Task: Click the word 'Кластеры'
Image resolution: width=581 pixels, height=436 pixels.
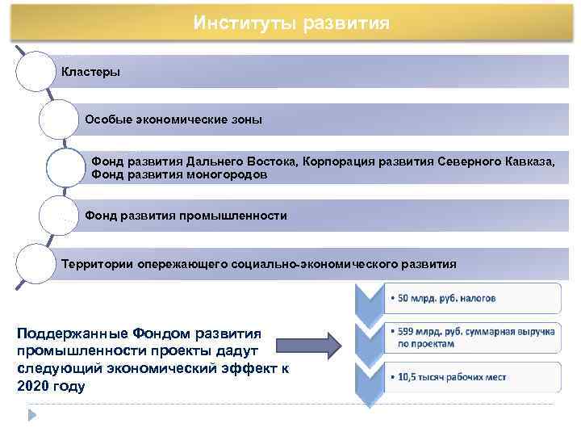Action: pyautogui.click(x=91, y=72)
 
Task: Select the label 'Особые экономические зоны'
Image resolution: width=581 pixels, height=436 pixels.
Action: pyautogui.click(x=173, y=119)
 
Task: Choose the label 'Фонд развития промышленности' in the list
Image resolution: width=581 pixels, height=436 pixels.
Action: pyautogui.click(x=186, y=216)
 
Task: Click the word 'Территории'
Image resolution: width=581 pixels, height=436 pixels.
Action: pyautogui.click(x=98, y=263)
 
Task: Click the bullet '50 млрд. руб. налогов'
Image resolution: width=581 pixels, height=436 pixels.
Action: pyautogui.click(x=444, y=298)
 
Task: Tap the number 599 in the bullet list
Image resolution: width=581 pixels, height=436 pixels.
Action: pyautogui.click(x=407, y=331)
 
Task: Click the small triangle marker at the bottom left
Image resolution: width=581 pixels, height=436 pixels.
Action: pyautogui.click(x=33, y=415)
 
